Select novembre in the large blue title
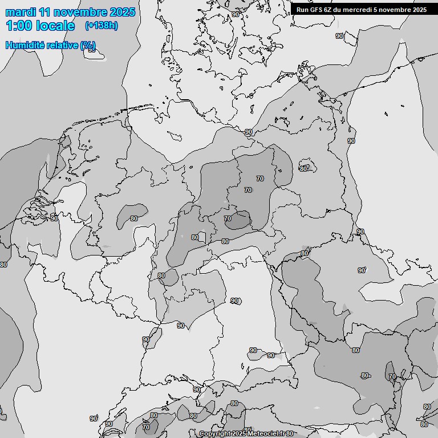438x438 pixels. point(82,12)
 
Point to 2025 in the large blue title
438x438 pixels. point(123,12)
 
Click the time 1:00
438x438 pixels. point(18,26)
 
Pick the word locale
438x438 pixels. point(55,26)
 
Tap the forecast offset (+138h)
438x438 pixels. point(101,26)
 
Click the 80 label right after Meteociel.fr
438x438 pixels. point(290,434)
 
